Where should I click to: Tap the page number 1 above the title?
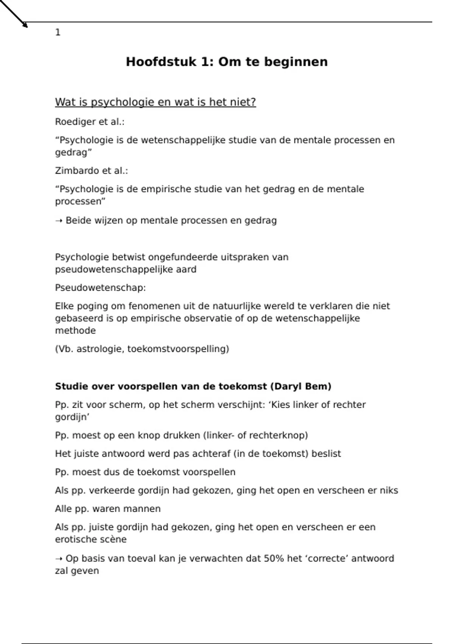(x=58, y=33)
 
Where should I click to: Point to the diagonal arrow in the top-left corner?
(x=14, y=14)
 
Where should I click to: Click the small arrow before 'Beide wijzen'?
(x=59, y=221)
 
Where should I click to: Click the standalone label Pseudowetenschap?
(x=100, y=288)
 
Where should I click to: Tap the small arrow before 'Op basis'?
(x=59, y=559)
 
